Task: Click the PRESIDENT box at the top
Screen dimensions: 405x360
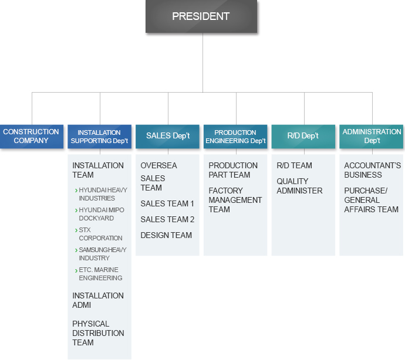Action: (201, 16)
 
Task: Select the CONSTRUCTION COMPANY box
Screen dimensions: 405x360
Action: (32, 136)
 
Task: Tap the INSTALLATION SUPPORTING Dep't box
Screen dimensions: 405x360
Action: (99, 136)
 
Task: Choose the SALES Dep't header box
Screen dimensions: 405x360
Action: (167, 136)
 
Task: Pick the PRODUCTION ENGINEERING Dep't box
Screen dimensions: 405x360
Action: (235, 136)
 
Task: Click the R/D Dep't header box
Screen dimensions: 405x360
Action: (303, 136)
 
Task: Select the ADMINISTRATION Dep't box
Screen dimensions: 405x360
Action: (371, 136)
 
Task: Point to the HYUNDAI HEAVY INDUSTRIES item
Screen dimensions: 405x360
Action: (103, 194)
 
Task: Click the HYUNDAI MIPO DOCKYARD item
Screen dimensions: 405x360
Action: (101, 214)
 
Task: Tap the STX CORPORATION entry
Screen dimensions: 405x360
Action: (100, 234)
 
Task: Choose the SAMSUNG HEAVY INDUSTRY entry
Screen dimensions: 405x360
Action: (103, 254)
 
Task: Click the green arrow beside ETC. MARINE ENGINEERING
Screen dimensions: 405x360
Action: (76, 270)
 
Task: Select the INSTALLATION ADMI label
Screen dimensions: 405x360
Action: (98, 300)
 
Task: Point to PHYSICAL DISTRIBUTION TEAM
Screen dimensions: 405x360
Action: (98, 333)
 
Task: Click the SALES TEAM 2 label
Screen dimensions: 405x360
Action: (167, 219)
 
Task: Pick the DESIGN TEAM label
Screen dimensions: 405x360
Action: (166, 235)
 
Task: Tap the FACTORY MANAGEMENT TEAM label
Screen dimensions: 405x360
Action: (235, 200)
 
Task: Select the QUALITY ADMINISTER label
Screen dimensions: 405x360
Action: (299, 186)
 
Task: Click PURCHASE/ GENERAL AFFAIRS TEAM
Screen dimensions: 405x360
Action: (371, 200)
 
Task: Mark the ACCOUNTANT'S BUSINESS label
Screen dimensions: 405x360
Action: (373, 170)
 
